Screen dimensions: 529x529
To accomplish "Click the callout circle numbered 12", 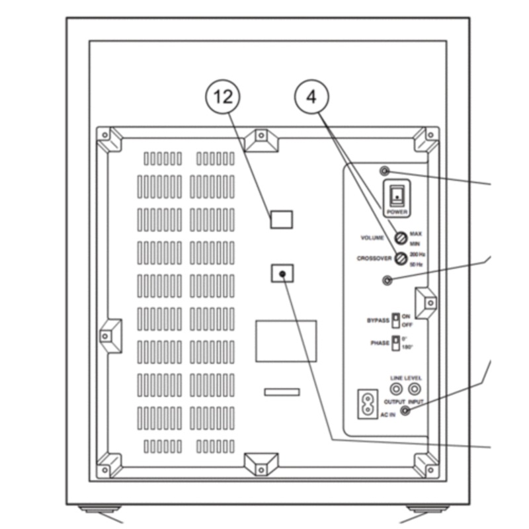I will pos(223,97).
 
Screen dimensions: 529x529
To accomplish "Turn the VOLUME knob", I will pos(400,237).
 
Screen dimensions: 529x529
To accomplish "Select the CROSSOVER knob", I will pos(400,259).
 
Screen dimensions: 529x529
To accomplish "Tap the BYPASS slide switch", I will pos(395,320).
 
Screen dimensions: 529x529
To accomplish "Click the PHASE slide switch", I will pos(395,343).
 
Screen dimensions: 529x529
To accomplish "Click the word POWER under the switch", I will pos(397,212).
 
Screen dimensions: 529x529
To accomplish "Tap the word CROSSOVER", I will pos(374,259).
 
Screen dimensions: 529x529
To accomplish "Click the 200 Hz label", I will pos(417,255).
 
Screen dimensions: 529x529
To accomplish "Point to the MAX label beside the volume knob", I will pos(415,233).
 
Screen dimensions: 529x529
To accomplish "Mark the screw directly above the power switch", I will pos(386,172).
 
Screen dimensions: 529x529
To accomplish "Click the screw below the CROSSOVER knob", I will pos(388,280).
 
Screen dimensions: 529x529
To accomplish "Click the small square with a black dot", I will pos(282,273).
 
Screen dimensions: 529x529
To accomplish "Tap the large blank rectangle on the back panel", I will pos(286,341).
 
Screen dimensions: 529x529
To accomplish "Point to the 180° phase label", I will pos(408,347).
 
